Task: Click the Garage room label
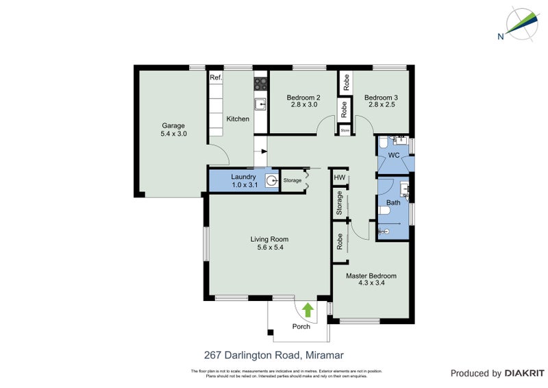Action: click(174, 125)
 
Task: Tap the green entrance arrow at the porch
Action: click(308, 310)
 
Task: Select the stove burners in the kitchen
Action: click(261, 84)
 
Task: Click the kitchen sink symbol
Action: click(260, 104)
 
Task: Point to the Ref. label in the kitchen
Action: click(216, 77)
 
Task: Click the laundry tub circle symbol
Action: click(272, 182)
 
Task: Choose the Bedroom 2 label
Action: click(304, 97)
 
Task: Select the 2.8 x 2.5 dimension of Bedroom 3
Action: click(380, 106)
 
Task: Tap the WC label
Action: click(394, 156)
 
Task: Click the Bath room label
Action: click(393, 203)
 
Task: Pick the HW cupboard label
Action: click(338, 178)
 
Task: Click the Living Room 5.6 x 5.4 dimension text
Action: click(266, 247)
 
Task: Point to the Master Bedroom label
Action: click(371, 276)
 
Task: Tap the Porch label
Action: click(301, 326)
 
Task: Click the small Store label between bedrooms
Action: click(345, 129)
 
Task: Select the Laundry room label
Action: click(243, 177)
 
